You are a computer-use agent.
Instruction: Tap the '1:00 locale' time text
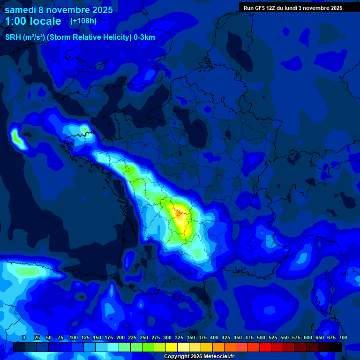point(33,21)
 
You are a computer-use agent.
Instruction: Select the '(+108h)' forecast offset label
point(83,21)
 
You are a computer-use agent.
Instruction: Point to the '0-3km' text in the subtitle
point(144,37)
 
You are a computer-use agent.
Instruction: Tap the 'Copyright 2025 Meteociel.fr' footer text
point(199,356)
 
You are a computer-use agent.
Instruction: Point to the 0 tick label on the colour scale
point(24,337)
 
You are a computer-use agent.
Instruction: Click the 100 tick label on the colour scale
point(74,337)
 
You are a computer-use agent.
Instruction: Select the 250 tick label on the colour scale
point(144,337)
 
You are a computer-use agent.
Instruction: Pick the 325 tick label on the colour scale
point(179,337)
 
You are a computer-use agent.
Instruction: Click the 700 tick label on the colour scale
point(343,337)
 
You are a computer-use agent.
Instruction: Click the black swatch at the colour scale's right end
point(336,347)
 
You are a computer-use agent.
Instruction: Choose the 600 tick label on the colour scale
point(308,337)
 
